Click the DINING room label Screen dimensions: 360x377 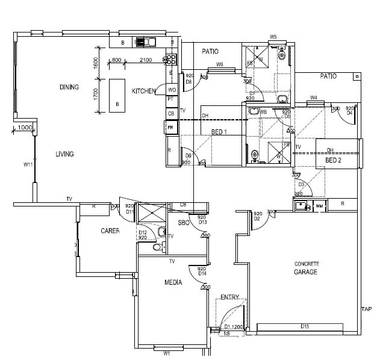[69, 87]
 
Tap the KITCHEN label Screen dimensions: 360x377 [144, 91]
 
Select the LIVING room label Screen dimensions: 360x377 [64, 154]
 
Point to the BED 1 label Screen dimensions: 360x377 [219, 132]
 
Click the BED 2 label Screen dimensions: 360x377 [333, 161]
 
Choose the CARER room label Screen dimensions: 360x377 [110, 231]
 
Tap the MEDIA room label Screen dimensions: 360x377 [173, 282]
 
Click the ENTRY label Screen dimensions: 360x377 [229, 297]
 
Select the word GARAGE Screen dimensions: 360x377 [307, 272]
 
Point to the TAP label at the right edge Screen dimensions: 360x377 [366, 309]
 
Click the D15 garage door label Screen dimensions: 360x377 [305, 327]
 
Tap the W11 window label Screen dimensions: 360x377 [28, 164]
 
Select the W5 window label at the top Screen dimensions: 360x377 [273, 37]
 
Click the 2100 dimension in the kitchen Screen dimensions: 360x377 [145, 60]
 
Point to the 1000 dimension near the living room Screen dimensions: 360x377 [24, 128]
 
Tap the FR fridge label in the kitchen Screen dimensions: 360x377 [170, 128]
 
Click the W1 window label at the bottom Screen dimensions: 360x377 [167, 353]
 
